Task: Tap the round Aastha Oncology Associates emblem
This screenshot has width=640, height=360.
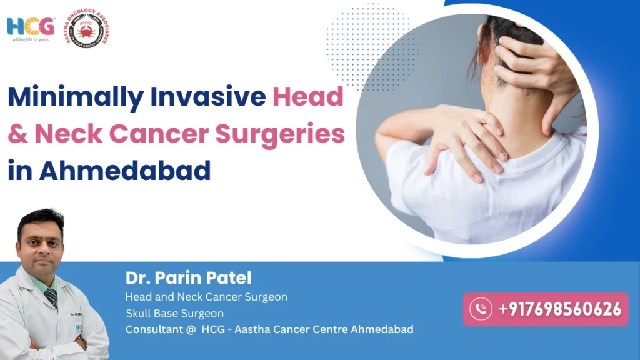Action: point(87,29)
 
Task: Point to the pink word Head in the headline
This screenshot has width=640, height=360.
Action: point(309,98)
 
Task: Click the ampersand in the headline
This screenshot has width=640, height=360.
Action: point(18,134)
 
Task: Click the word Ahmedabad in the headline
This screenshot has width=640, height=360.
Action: point(125,171)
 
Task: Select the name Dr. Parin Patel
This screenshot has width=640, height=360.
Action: point(188,277)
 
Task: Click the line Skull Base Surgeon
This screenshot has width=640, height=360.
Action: point(174,313)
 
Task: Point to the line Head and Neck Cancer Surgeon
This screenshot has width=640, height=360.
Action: point(206,297)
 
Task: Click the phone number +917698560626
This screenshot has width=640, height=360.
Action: point(559,309)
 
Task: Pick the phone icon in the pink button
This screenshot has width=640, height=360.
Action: point(481,309)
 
